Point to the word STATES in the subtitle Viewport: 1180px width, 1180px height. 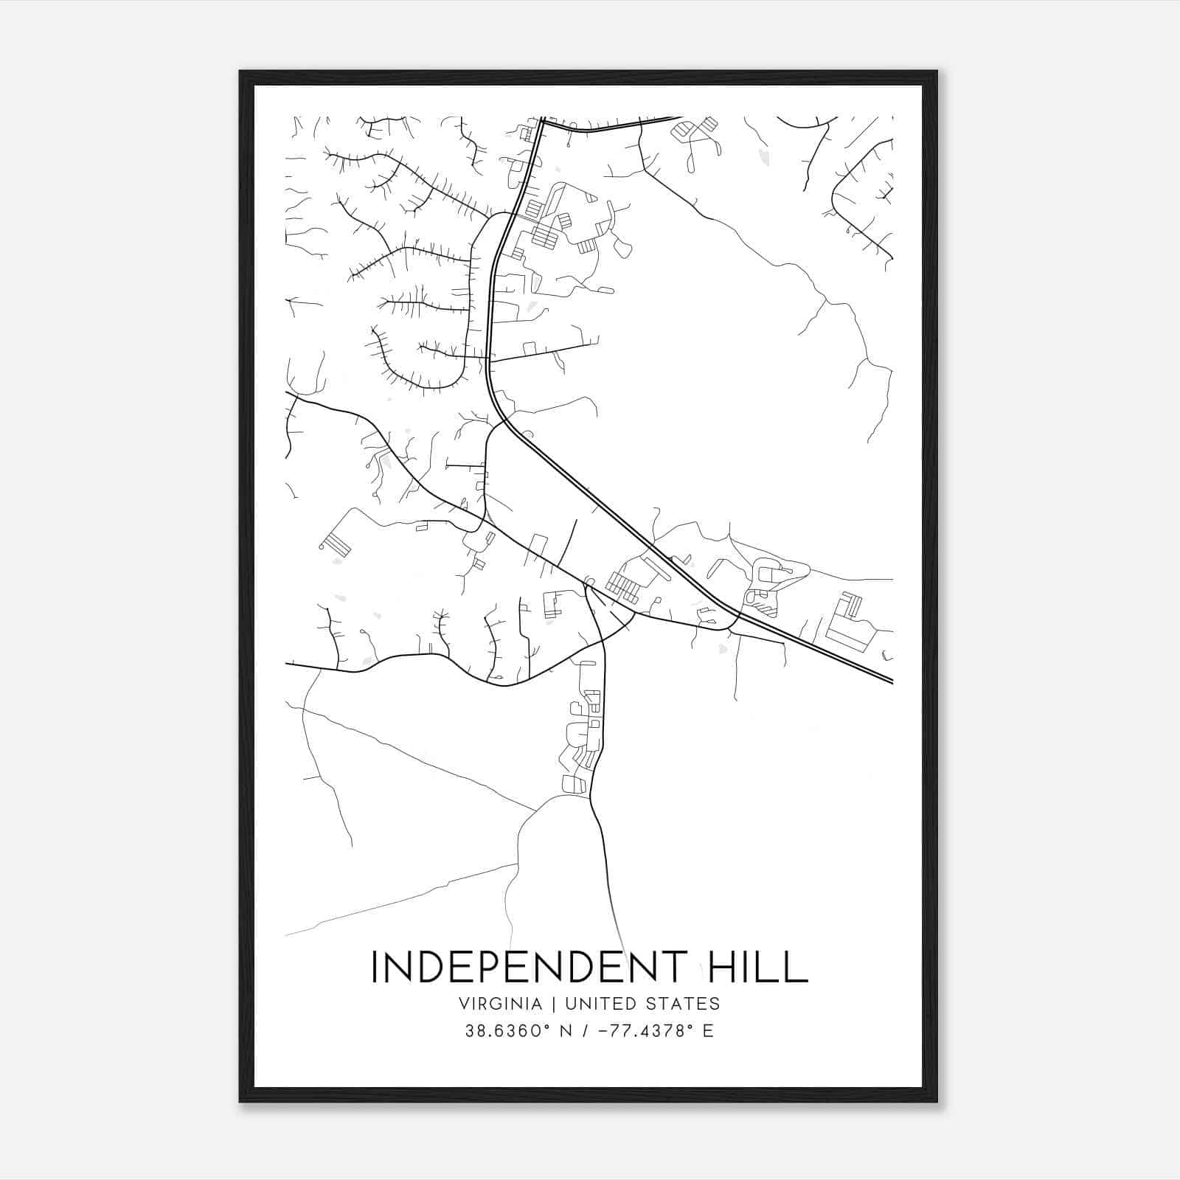coord(681,1004)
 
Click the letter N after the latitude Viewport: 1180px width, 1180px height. coord(565,1031)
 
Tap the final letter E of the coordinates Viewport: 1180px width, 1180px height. coord(709,1031)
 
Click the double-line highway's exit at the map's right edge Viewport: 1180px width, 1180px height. coord(892,681)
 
